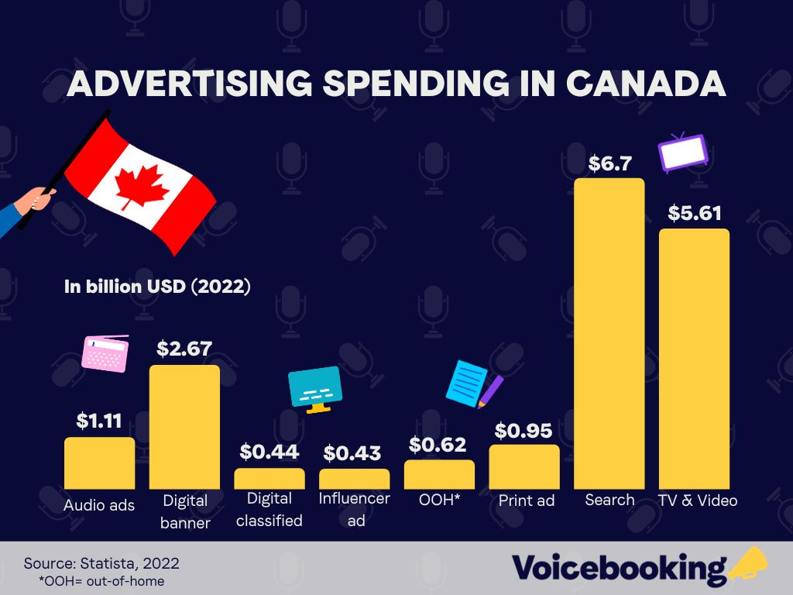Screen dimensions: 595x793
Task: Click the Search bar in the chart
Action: [609, 333]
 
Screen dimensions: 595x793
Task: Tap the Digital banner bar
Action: [184, 426]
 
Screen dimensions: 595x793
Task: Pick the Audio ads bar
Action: [99, 463]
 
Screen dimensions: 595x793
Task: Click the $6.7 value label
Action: [610, 163]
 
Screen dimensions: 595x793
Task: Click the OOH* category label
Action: [438, 500]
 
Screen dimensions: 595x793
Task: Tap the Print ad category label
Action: [526, 500]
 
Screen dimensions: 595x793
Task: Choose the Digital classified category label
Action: [269, 509]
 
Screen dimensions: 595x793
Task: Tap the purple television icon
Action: [681, 153]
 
